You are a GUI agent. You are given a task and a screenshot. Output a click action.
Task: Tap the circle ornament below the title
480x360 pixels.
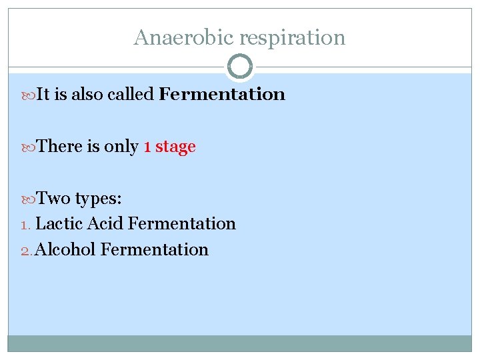(240, 67)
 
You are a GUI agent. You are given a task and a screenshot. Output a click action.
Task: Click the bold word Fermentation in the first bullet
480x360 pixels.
(222, 94)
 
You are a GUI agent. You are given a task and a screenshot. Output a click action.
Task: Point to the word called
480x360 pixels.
(131, 94)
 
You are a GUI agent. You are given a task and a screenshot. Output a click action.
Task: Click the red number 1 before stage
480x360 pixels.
(147, 147)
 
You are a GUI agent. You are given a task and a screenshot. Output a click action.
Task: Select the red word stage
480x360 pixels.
(175, 147)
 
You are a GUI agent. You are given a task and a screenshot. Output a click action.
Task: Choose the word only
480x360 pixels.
(121, 147)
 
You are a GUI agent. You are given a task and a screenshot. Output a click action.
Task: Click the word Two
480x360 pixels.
(53, 198)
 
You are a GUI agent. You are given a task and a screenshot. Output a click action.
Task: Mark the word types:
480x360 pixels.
(98, 199)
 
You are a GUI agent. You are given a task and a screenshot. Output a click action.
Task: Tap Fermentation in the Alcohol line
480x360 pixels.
(155, 249)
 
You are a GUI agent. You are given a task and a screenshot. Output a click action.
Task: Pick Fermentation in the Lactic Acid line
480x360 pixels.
(181, 224)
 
